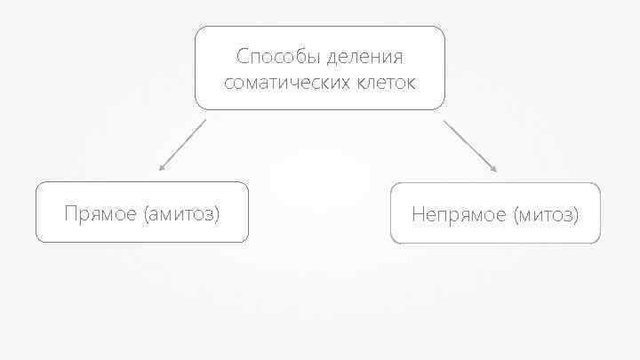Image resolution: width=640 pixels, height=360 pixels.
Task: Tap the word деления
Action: [364, 58]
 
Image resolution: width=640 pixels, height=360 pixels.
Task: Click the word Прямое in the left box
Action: [100, 213]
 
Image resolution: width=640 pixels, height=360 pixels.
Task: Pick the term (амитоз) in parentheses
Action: [180, 213]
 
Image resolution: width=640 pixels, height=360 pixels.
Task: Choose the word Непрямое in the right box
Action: [455, 214]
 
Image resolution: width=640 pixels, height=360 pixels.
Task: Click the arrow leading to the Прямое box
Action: [182, 144]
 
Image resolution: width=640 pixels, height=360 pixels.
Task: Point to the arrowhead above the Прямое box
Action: [161, 167]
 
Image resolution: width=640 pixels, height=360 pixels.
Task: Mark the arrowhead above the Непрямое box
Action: [494, 169]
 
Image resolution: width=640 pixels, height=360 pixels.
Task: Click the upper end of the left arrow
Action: [204, 120]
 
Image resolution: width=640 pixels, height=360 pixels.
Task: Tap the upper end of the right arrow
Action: [444, 121]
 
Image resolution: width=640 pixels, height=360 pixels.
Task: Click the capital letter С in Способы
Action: [243, 58]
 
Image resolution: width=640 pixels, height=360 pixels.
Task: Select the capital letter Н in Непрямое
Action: [418, 214]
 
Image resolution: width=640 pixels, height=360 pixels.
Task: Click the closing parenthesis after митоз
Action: [576, 214]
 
